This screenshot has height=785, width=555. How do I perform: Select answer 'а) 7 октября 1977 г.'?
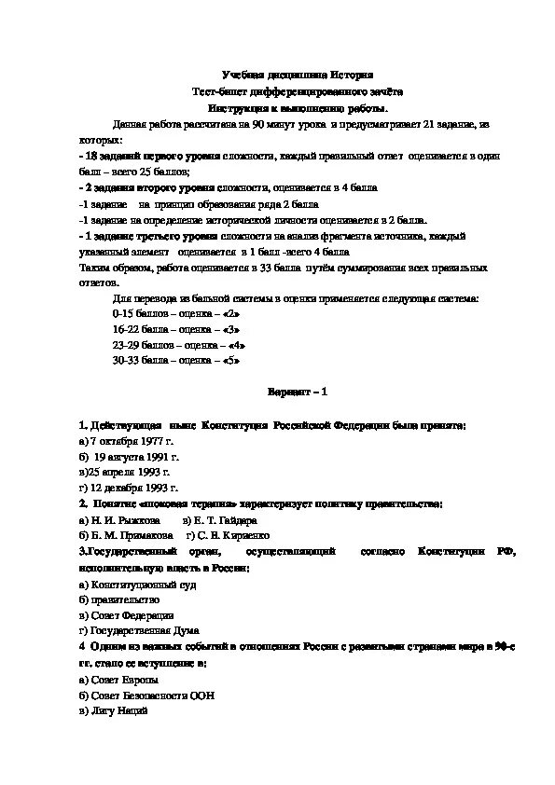point(128,440)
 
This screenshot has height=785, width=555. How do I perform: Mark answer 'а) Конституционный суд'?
point(136,584)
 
